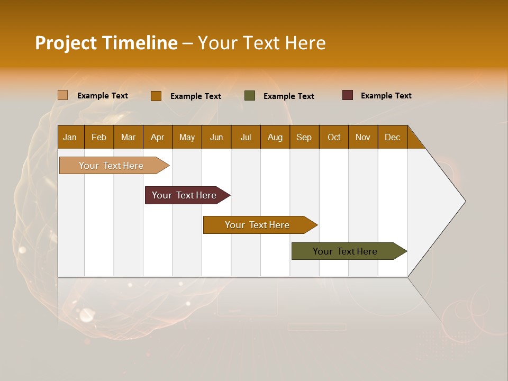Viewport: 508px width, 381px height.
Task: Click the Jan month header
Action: pyautogui.click(x=70, y=137)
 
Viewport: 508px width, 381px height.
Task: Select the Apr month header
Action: pyautogui.click(x=158, y=137)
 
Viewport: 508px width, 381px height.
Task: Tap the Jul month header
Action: pyautogui.click(x=246, y=137)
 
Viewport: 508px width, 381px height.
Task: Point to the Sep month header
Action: pyautogui.click(x=304, y=137)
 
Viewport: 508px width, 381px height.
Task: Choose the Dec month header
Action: pyautogui.click(x=392, y=137)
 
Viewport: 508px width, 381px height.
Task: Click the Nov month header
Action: pyautogui.click(x=363, y=137)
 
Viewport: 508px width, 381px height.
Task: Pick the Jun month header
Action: pyautogui.click(x=216, y=137)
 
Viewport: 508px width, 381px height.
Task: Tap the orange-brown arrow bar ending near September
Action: pyautogui.click(x=258, y=225)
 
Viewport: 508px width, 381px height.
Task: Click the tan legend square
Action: pyautogui.click(x=63, y=95)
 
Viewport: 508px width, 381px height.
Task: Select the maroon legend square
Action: pyautogui.click(x=348, y=95)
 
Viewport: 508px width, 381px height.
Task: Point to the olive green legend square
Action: pyautogui.click(x=250, y=96)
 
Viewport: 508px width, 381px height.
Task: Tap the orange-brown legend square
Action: pyautogui.click(x=156, y=96)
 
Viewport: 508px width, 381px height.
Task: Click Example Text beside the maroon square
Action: pyautogui.click(x=386, y=96)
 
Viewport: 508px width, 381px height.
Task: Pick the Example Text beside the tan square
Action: pyautogui.click(x=103, y=96)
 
